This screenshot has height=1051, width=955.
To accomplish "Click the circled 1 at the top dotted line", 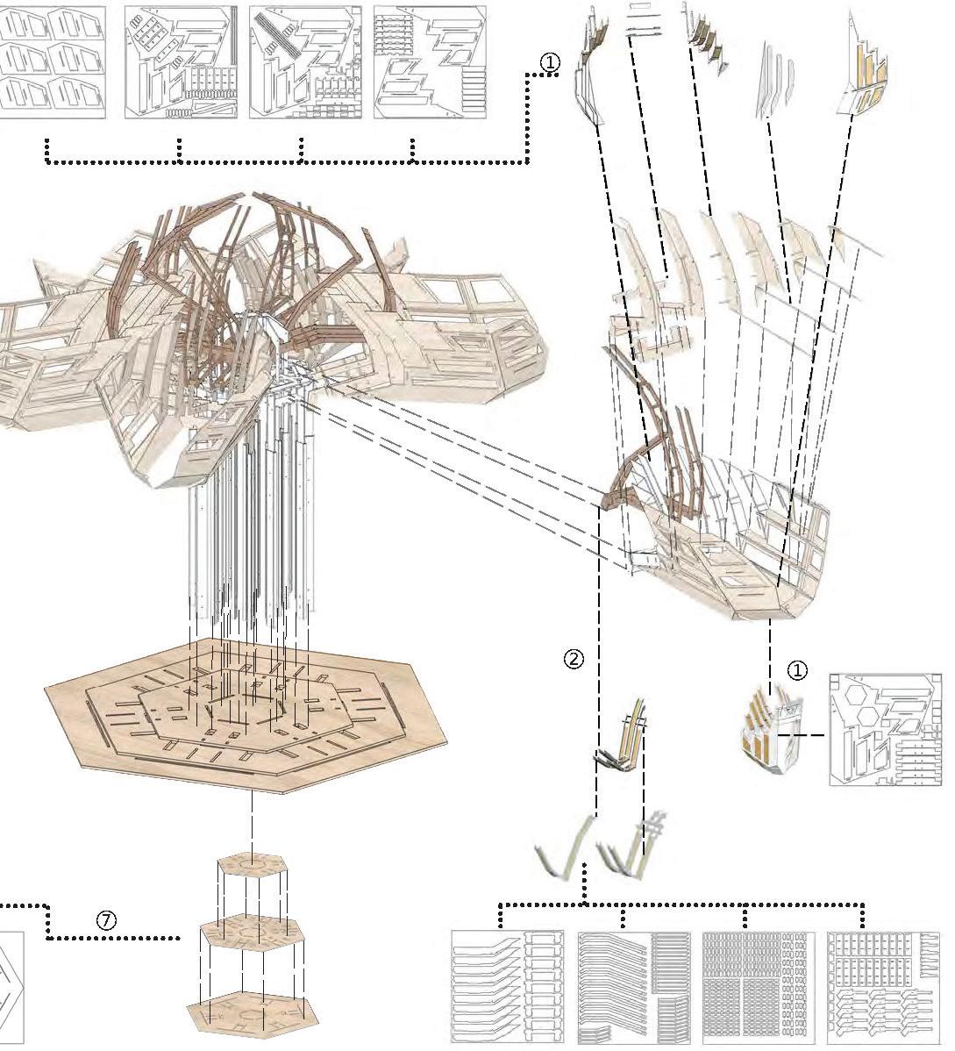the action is pos(549,62).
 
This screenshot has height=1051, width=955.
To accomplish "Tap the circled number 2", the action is pos(573,659).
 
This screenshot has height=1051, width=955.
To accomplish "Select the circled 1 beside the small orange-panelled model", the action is pos(796,670).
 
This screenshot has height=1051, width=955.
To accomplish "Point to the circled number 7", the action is pos(105,920).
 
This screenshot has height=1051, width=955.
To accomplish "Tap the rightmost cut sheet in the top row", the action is pos(430,62).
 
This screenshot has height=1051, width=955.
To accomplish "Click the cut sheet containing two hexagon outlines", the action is pos(886,728).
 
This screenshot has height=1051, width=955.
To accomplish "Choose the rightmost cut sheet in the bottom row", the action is pos(880,988).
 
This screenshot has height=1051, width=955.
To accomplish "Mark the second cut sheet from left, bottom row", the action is pos(633,988).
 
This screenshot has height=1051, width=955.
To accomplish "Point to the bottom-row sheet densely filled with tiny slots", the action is pos(758,988).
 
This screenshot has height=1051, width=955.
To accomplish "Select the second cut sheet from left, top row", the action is pos(181,62).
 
